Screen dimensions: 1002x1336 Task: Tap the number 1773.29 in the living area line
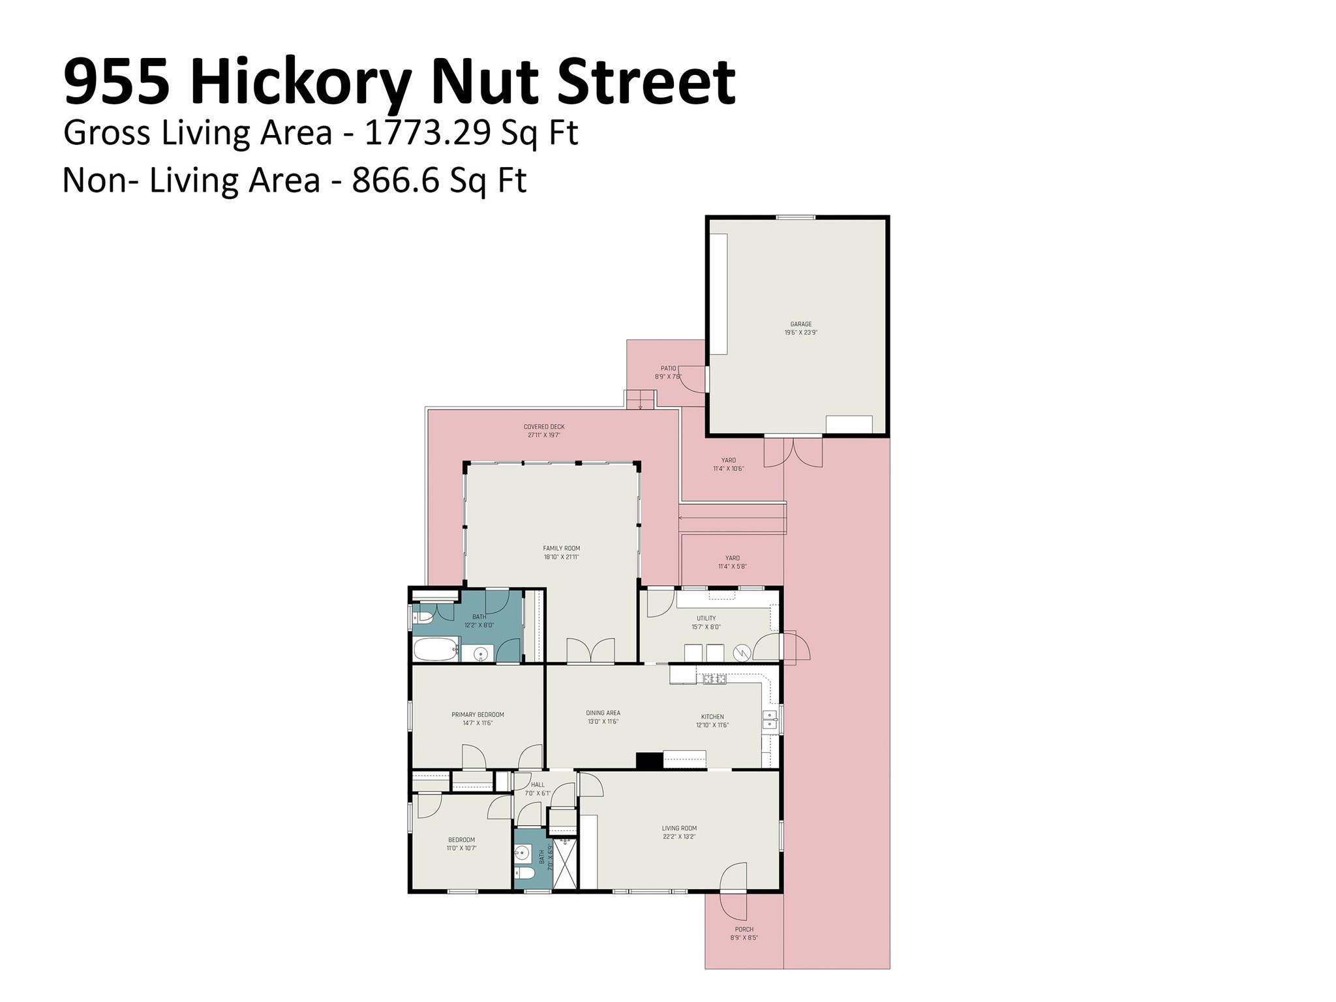(427, 132)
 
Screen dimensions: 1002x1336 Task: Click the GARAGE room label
(800, 324)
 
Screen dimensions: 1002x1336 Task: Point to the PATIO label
(668, 369)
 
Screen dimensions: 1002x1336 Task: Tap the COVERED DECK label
(544, 427)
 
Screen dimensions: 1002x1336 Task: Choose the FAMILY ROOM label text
(561, 549)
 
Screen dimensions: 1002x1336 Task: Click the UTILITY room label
(706, 618)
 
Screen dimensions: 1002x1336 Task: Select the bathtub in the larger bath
(434, 651)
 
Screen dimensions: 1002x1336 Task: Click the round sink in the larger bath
(481, 653)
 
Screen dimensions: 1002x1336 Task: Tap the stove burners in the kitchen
(715, 679)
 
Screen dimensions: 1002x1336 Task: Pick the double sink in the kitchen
(770, 720)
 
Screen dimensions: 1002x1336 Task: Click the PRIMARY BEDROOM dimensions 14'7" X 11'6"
(478, 723)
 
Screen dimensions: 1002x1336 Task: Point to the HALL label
(538, 785)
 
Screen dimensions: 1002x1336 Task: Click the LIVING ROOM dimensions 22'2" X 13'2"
(679, 837)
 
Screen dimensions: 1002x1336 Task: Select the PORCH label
(744, 930)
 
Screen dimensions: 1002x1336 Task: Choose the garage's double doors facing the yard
(793, 451)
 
